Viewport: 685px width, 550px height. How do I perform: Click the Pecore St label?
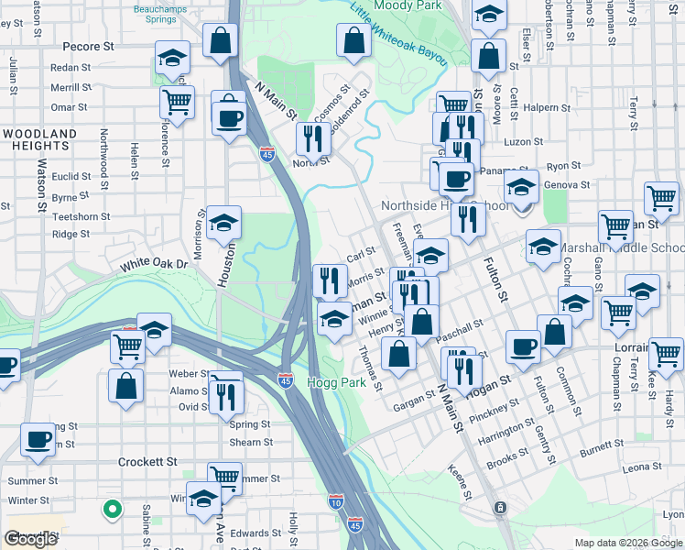[88, 45]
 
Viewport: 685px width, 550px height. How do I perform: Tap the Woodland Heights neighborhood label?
[39, 140]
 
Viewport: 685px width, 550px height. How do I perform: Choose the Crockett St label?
[147, 462]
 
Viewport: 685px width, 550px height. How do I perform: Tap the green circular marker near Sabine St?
[112, 507]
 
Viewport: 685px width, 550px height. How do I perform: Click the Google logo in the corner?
[30, 539]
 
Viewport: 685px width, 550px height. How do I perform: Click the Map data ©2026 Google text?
[628, 543]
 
